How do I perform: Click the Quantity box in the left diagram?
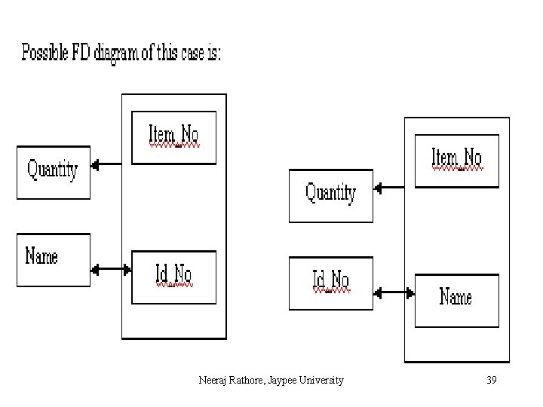[x=53, y=172]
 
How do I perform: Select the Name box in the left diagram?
[x=53, y=260]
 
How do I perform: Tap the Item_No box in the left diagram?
[x=173, y=137]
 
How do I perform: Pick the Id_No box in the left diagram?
[x=173, y=277]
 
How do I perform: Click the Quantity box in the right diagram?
[x=330, y=196]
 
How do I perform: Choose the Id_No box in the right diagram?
[x=330, y=283]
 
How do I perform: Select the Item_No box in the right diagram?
[x=456, y=161]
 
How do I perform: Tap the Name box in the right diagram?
[x=456, y=300]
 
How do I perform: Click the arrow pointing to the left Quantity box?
[x=106, y=164]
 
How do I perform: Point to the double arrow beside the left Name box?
[x=111, y=268]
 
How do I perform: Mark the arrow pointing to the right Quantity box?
[x=390, y=189]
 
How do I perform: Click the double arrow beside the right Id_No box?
[x=394, y=292]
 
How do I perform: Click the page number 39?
[x=491, y=380]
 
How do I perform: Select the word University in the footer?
[x=321, y=380]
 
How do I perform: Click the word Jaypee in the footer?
[x=281, y=380]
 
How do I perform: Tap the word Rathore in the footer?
[x=247, y=380]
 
